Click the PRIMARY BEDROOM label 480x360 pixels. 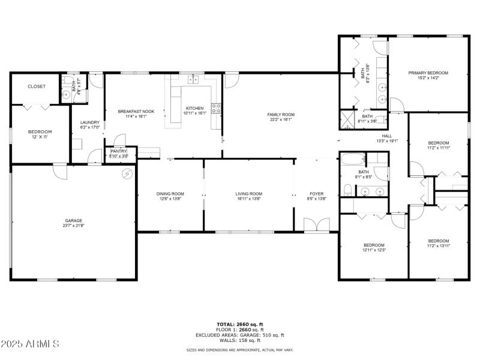click(428, 73)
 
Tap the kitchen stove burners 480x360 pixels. click(216, 109)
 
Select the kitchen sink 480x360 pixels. click(193, 79)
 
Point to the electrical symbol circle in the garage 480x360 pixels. click(127, 174)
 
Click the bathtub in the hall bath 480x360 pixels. click(352, 160)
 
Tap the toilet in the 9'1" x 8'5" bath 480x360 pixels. click(348, 191)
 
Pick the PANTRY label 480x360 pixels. click(118, 151)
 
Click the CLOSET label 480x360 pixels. click(37, 86)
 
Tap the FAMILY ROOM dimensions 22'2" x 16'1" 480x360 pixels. click(281, 119)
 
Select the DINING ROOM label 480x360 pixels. click(170, 194)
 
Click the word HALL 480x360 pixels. click(387, 136)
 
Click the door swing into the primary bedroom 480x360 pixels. click(397, 104)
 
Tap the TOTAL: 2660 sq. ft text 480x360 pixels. click(240, 325)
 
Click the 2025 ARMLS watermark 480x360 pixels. click(30, 344)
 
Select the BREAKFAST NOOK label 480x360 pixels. click(136, 112)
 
